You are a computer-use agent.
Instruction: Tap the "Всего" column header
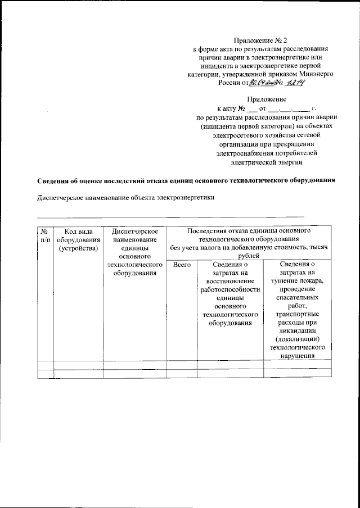182,264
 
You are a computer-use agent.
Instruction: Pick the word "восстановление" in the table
230,281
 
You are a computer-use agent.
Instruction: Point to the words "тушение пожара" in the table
297,281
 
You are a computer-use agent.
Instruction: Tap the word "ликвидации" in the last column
297,332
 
